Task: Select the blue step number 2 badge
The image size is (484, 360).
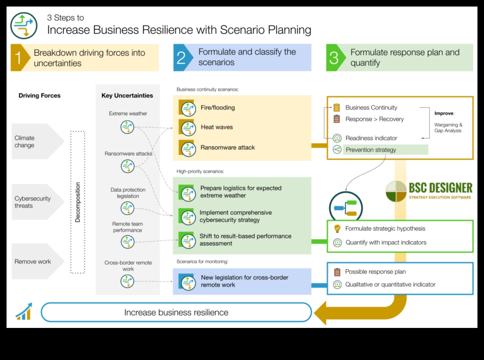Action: pos(181,58)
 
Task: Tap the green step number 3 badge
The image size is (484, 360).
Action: pos(334,58)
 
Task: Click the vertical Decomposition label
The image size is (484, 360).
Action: pos(78,202)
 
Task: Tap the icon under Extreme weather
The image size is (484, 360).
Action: pos(127,127)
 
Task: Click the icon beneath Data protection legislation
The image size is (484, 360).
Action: pos(127,208)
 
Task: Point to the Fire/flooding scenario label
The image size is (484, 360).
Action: pos(218,108)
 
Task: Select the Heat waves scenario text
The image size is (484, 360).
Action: pos(217,127)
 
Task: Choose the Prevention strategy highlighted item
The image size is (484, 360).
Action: pos(371,150)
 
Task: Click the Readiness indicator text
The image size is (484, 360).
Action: pos(371,138)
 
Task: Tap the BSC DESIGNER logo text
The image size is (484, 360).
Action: pos(440,188)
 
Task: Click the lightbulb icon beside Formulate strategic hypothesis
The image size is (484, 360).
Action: pos(337,229)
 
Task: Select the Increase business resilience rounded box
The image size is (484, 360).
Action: pos(176,312)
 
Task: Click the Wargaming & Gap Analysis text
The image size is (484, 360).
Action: pos(448,128)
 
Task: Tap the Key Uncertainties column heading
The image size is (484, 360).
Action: pos(127,96)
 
